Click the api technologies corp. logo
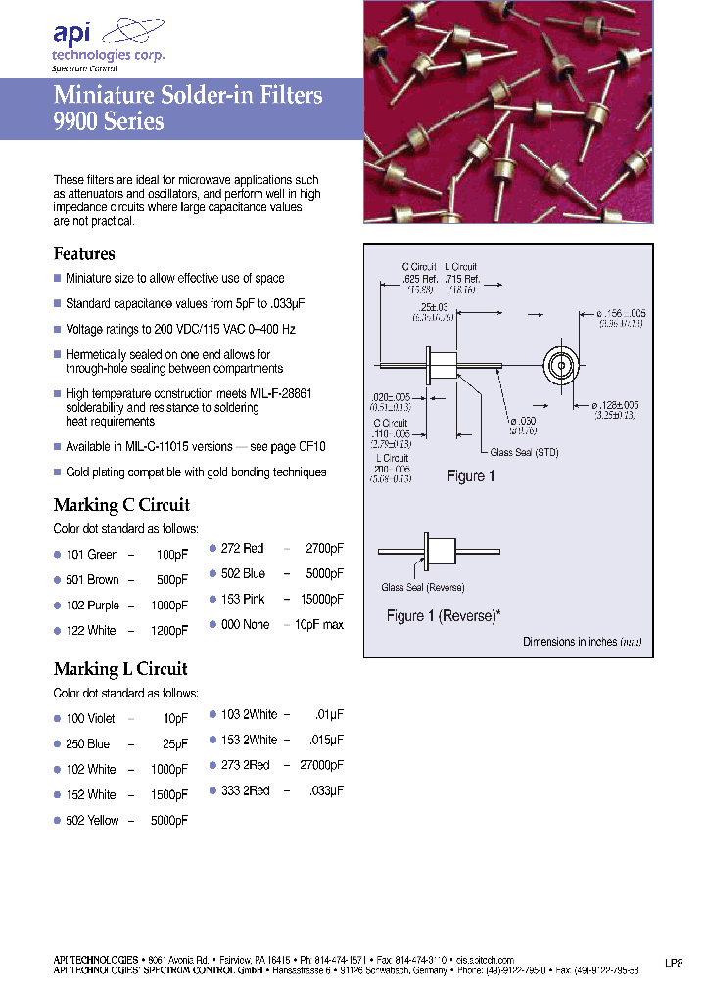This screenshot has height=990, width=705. (109, 43)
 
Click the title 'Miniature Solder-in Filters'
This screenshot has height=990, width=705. (188, 96)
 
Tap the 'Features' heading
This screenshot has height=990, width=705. (84, 253)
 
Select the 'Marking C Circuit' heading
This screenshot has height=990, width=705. (121, 505)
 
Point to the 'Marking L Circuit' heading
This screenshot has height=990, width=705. (120, 669)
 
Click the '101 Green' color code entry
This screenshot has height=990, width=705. (91, 555)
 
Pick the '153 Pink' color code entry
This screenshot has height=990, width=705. (243, 599)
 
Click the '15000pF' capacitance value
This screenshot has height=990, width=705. (320, 599)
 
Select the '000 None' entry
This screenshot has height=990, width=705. (245, 624)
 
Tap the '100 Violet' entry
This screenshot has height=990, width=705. (90, 718)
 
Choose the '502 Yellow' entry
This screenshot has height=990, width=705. (92, 820)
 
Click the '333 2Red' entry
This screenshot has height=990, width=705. (246, 790)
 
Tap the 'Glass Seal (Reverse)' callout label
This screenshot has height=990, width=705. (422, 588)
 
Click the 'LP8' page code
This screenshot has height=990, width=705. (674, 963)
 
